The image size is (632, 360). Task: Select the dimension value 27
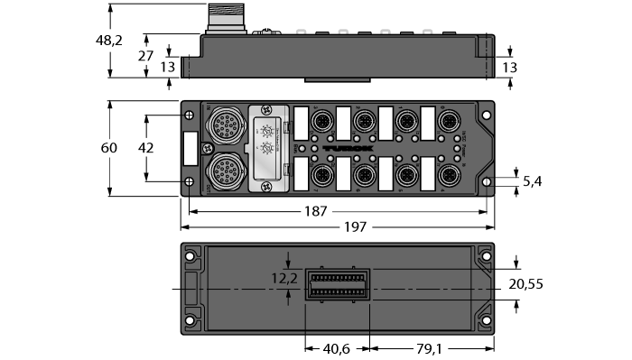pyautogui.click(x=144, y=55)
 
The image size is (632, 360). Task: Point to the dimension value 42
pyautogui.click(x=144, y=147)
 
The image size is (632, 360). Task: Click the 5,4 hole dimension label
pyautogui.click(x=533, y=181)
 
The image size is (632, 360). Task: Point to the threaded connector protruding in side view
pyautogui.click(x=220, y=17)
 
